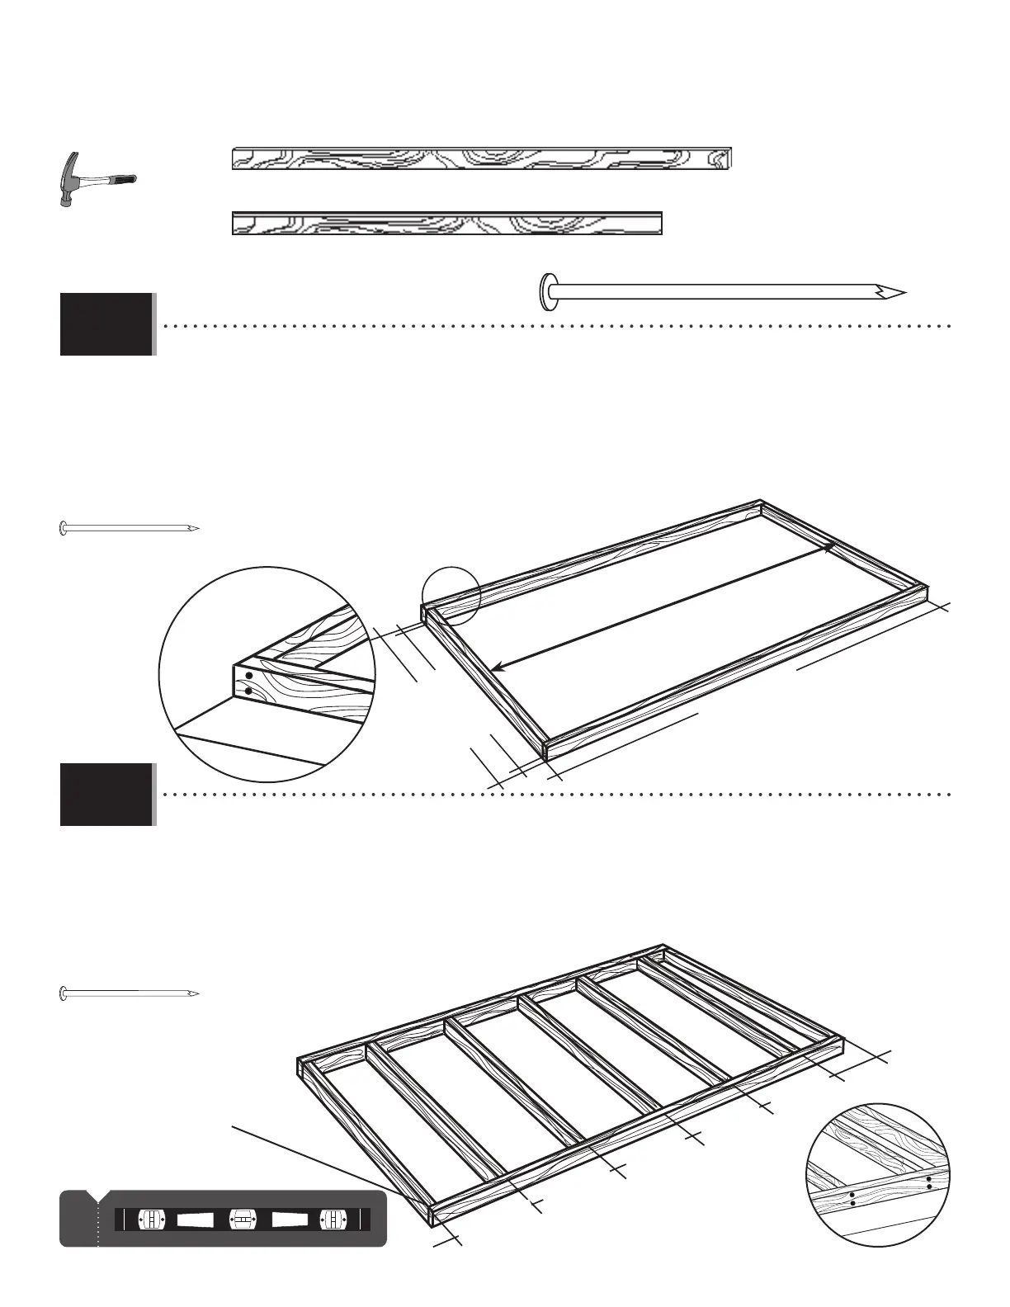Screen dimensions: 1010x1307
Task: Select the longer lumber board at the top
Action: (482, 158)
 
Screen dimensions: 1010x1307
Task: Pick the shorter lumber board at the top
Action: (447, 224)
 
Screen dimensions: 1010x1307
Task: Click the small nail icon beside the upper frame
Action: (130, 528)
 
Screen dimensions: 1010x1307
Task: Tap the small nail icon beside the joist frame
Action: (130, 993)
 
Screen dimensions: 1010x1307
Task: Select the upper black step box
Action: (106, 323)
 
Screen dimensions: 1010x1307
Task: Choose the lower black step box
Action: (106, 794)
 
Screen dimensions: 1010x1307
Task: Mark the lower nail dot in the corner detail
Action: (248, 691)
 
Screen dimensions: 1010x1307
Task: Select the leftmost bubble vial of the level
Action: (151, 1219)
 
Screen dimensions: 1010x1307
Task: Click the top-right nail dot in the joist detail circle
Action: (929, 1178)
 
